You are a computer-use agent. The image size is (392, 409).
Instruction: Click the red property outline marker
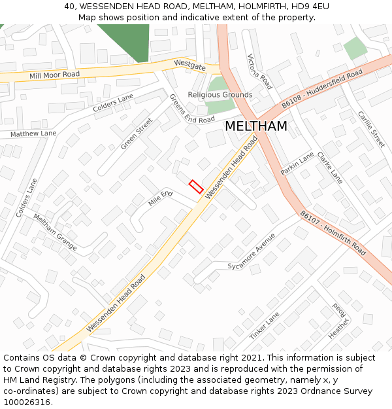click(195, 187)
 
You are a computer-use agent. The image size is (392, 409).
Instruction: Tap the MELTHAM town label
click(255, 126)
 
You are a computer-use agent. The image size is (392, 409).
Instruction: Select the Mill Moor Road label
click(54, 75)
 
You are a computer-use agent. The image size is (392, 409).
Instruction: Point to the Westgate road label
click(189, 65)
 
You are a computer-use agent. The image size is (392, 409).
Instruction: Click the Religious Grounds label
click(220, 95)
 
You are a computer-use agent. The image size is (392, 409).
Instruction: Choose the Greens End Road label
click(191, 109)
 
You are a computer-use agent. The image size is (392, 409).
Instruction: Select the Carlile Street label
click(371, 129)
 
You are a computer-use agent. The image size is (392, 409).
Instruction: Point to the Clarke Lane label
click(330, 168)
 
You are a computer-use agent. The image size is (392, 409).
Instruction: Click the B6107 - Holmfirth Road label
click(333, 232)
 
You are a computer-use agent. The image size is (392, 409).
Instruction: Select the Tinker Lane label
click(264, 325)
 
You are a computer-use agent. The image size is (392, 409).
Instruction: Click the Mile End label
click(160, 198)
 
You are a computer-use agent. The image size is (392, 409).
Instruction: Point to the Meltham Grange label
click(56, 232)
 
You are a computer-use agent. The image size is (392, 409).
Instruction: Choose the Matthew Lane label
click(33, 133)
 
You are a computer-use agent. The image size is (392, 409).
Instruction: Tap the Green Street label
click(136, 133)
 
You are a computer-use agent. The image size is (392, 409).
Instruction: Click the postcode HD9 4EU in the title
click(309, 7)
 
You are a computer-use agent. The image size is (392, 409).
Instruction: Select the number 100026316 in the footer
click(27, 402)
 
